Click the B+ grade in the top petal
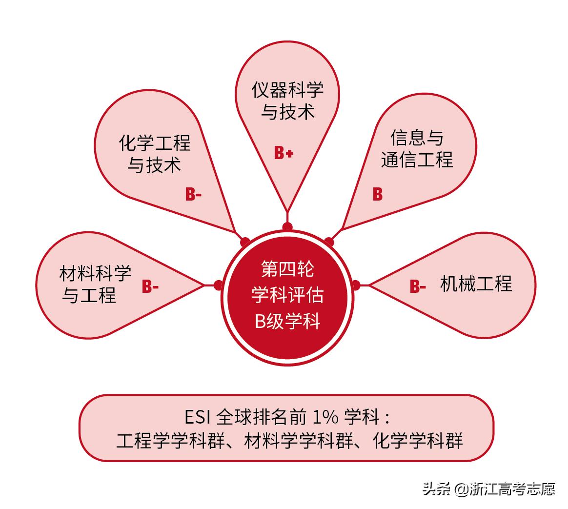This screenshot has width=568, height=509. pos(284,154)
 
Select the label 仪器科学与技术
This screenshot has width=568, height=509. pos(287,101)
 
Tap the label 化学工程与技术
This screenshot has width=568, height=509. pos(155,154)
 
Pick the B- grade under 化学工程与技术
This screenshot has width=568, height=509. pos(193,195)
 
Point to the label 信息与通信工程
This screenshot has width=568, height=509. pos(417,148)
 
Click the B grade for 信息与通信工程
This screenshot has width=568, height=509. pos(378,194)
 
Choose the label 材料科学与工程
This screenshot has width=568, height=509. pos(95,284)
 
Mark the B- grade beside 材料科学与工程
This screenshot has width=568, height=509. pos(150,286)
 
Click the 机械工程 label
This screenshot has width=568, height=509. pos(476,284)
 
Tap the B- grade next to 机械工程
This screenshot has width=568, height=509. pos(418,286)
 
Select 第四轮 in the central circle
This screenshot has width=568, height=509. pos(287,268)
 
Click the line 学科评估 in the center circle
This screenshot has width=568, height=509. pos(287,295)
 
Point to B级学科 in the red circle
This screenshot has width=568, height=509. pos(287,321)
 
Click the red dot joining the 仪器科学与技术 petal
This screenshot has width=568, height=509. pos(287,226)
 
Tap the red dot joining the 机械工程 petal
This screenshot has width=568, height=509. pos(356,285)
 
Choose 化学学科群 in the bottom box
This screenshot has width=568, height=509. pos(417,441)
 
